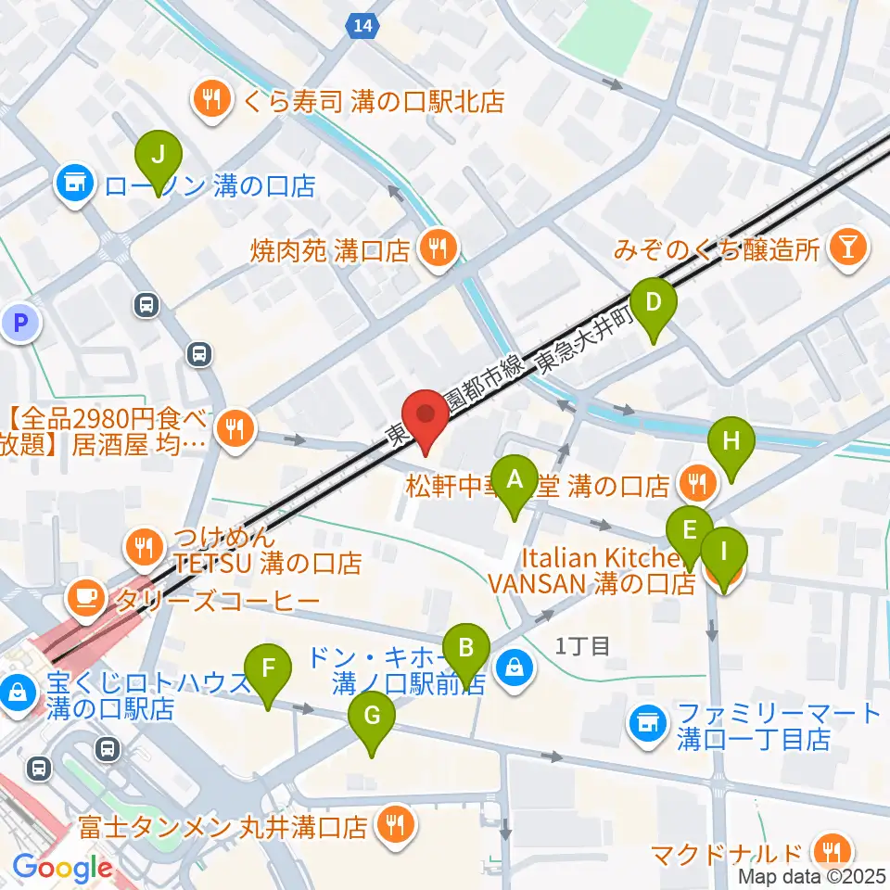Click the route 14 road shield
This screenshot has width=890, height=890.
click(363, 27)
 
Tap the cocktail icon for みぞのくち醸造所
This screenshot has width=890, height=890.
click(845, 248)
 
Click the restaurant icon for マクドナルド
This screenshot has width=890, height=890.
click(825, 851)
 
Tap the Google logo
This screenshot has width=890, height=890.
click(62, 869)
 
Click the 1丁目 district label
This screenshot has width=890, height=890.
click(582, 646)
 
